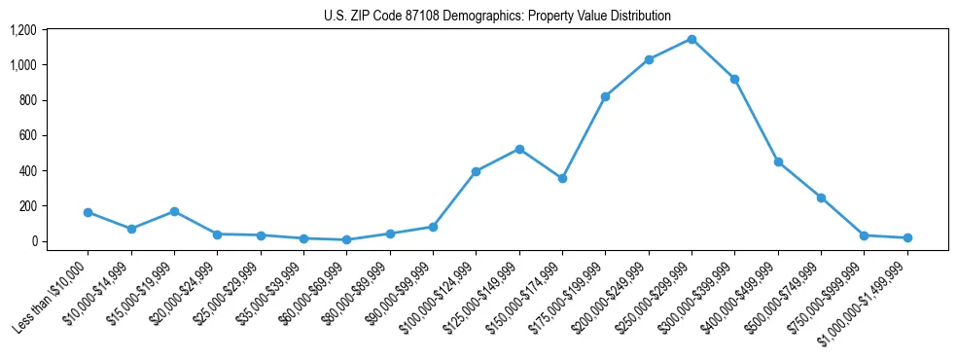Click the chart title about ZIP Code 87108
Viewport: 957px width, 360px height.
click(497, 16)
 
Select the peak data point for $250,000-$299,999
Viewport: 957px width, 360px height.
click(691, 39)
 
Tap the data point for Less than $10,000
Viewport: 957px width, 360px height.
click(89, 212)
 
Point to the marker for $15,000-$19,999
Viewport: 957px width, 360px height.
click(174, 211)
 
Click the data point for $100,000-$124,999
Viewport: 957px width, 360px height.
click(476, 171)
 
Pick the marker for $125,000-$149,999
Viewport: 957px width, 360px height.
click(519, 149)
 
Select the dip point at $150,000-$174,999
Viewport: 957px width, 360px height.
click(562, 178)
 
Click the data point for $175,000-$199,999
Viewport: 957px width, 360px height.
click(605, 96)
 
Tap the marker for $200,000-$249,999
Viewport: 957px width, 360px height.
click(649, 59)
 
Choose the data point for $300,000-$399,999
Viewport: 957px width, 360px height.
click(734, 79)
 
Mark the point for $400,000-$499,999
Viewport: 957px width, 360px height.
click(778, 162)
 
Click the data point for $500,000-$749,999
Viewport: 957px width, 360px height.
click(821, 198)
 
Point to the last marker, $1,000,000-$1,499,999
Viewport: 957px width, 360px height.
click(907, 237)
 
